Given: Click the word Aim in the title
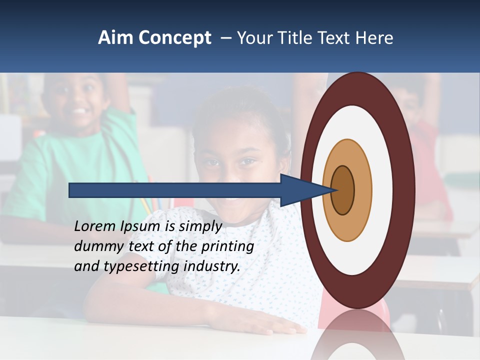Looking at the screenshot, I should pos(114,38).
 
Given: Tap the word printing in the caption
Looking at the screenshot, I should pos(227,246).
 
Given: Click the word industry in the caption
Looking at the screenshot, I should pos(212,266).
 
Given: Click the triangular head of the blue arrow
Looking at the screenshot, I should pos(300,190).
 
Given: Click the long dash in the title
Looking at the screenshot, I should pos(225,38).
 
